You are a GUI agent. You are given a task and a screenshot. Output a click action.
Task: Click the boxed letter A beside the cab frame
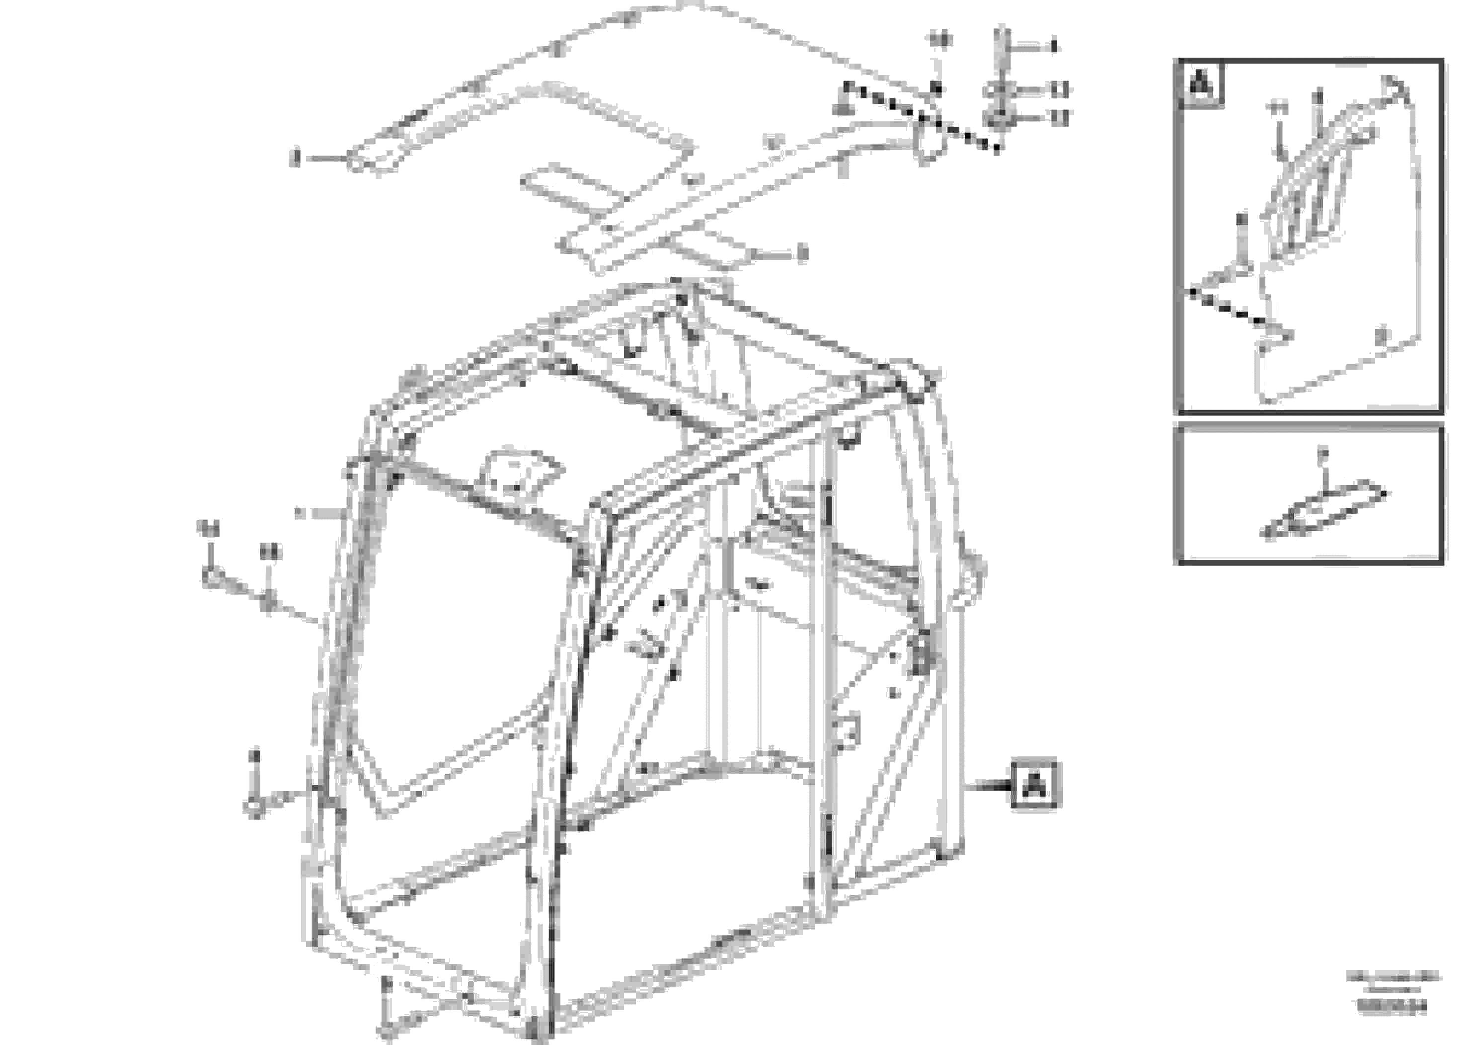pyautogui.click(x=1034, y=785)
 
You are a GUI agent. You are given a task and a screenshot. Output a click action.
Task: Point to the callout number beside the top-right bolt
pyautogui.click(x=1054, y=46)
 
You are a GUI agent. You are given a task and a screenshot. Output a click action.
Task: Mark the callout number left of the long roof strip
pyautogui.click(x=296, y=157)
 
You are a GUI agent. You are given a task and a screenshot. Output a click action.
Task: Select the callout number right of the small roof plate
pyautogui.click(x=801, y=254)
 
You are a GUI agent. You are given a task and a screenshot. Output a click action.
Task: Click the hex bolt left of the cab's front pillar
pyautogui.click(x=211, y=575)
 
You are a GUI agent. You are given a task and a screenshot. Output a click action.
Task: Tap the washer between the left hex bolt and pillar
pyautogui.click(x=269, y=603)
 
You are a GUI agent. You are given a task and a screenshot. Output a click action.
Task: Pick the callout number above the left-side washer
pyautogui.click(x=271, y=552)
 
